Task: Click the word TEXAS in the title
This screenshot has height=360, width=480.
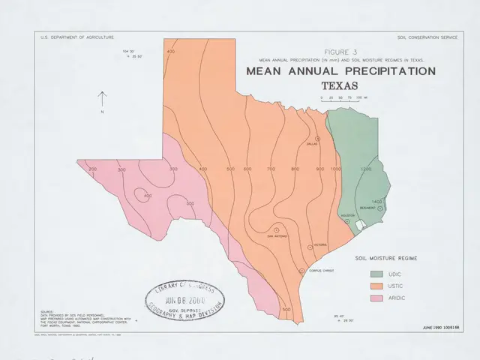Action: (340, 85)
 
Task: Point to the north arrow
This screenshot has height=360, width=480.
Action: (103, 100)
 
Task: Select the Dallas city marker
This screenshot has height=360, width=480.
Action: (317, 139)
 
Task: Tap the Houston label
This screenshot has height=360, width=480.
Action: (347, 215)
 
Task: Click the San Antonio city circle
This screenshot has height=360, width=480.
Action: (275, 228)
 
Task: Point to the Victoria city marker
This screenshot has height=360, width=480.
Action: (308, 245)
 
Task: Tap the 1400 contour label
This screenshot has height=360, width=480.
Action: (376, 202)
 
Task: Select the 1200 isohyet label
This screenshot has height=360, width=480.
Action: (365, 169)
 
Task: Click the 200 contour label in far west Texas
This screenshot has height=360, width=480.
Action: (93, 169)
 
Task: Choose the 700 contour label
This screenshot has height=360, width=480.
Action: (270, 169)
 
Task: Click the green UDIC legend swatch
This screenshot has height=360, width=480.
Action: (377, 273)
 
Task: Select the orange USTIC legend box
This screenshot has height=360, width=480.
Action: (377, 286)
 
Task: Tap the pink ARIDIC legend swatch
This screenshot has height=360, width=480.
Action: (377, 299)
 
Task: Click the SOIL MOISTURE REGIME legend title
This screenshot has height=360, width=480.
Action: (386, 257)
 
